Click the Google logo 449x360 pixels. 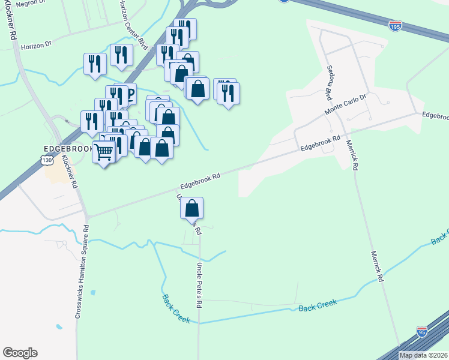click(20, 353)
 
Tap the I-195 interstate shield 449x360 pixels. click(395, 26)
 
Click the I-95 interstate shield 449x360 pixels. click(422, 332)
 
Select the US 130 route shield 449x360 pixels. click(47, 160)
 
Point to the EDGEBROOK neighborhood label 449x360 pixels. click(68, 148)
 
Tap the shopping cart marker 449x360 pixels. click(104, 153)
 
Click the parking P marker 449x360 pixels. click(130, 94)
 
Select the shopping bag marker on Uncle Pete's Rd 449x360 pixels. click(191, 208)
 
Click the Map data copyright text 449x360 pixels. click(423, 355)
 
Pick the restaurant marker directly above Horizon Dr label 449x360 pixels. click(95, 64)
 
